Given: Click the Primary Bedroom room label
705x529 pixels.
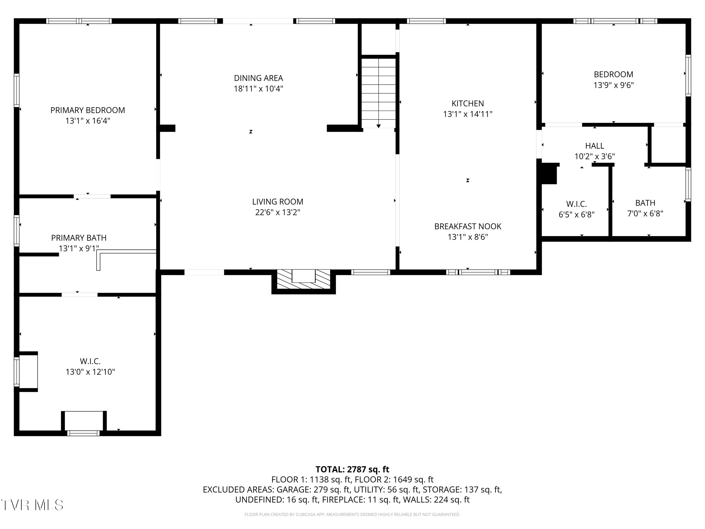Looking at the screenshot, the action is point(88,110).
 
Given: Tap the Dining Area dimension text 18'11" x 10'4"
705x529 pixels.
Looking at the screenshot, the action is point(259,89).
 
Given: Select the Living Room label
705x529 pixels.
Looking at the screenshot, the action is point(277,202).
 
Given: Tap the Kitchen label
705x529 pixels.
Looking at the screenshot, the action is point(468,104).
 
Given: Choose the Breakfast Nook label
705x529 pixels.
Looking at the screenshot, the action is point(468,226).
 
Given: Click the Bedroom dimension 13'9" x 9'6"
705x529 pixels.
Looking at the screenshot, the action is point(614,85).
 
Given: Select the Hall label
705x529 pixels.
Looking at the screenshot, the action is point(594,146).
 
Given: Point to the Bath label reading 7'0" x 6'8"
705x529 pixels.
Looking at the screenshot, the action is point(645,214).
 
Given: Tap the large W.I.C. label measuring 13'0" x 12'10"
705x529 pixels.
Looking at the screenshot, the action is point(90,372).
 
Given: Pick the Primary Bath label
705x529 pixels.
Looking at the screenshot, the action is point(79,238).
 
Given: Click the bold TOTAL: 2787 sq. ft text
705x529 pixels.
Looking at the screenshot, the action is point(352,469).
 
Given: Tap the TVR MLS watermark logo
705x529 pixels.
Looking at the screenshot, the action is point(32,505).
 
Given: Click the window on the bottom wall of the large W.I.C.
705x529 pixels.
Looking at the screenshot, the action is point(83,433).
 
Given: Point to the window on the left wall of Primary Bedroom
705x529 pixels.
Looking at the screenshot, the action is point(17,90).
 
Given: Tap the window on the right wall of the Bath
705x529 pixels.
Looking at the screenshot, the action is point(688,184).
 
